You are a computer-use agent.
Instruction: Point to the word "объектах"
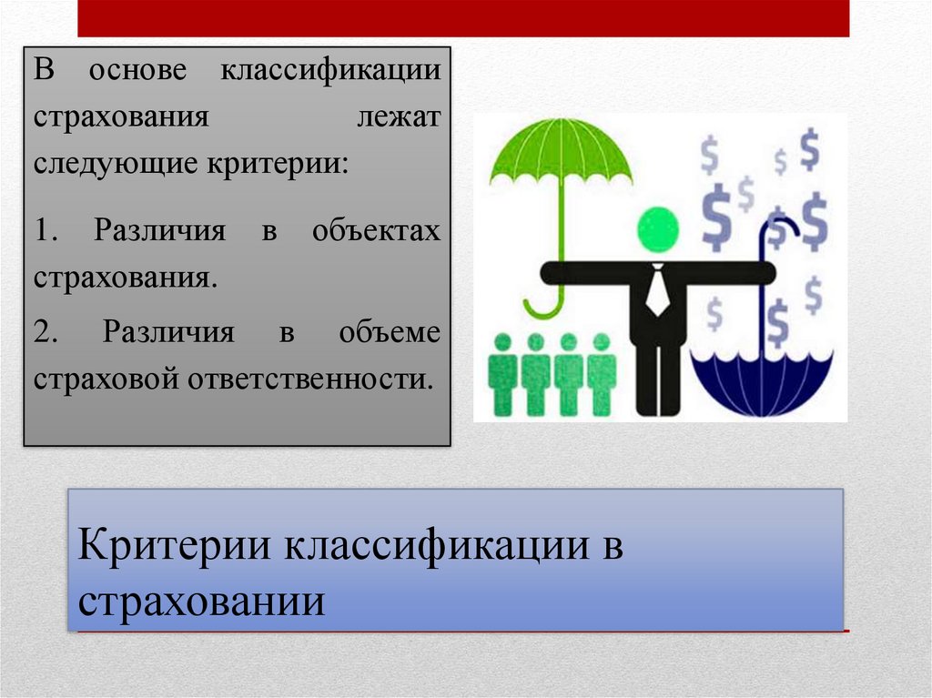click(x=376, y=230)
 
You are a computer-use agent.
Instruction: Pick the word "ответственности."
click(x=310, y=378)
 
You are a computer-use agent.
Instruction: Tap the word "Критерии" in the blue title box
click(x=177, y=548)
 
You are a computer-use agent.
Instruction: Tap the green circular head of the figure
click(x=657, y=228)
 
